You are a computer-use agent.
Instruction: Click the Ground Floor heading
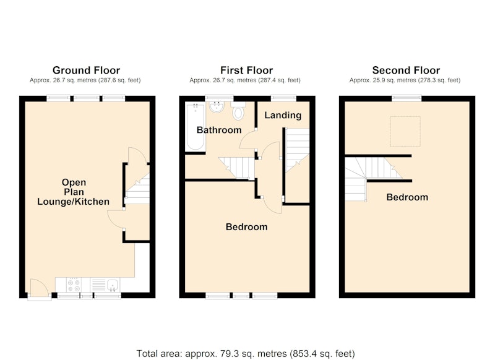click(86, 70)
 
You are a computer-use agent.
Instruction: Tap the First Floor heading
click(246, 70)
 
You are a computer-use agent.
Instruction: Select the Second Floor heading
click(406, 70)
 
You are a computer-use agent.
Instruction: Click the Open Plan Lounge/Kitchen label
click(74, 192)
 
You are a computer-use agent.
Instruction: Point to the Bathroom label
click(219, 130)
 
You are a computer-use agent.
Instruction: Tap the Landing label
click(283, 115)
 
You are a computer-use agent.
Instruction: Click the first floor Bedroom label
click(246, 227)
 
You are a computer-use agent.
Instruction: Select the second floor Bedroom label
click(407, 197)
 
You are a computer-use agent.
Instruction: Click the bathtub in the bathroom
click(196, 127)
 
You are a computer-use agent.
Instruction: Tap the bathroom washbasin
click(217, 106)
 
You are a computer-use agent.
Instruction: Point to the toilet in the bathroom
click(238, 111)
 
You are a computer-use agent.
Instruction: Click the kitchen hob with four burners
click(74, 285)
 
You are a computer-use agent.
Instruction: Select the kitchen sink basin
click(113, 285)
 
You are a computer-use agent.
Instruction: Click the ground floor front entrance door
click(40, 289)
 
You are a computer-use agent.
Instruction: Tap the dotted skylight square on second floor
click(405, 131)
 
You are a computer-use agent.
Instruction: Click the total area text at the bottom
click(246, 353)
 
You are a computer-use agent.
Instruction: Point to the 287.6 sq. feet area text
click(119, 80)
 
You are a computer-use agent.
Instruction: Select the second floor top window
click(407, 98)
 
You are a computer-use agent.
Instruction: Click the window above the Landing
click(283, 98)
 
